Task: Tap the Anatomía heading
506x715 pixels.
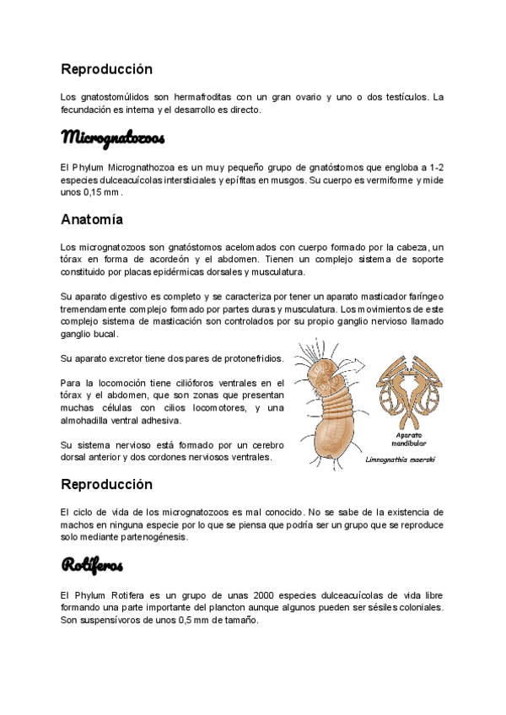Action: point(92,219)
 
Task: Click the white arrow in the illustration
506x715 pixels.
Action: point(353,365)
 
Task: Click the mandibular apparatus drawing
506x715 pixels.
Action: point(410,389)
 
